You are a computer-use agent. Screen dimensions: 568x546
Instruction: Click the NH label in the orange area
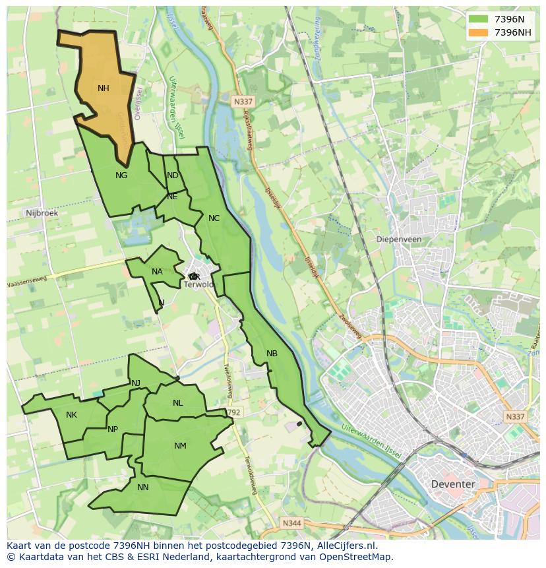104,88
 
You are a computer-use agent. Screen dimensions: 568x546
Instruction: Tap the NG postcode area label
121,175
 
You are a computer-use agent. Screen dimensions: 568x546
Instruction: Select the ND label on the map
173,175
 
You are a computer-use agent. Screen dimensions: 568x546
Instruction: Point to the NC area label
214,218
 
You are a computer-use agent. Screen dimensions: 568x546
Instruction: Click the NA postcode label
157,272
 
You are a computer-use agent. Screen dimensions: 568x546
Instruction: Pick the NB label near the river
272,354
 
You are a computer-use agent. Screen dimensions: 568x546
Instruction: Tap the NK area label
71,415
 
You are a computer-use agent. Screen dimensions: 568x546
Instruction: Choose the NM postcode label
180,446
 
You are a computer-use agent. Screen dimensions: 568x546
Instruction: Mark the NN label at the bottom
143,488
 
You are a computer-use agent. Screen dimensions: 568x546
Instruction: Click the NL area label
178,403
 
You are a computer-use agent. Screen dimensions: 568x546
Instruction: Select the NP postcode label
113,429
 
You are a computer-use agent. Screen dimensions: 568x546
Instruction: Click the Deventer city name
452,484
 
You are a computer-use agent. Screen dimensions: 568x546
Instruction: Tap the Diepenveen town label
398,239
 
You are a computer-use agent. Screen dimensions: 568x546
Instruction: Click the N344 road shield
291,523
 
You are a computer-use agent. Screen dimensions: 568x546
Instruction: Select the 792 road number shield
233,412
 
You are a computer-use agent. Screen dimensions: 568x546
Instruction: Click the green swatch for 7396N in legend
479,19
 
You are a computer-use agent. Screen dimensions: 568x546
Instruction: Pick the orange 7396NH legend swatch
479,32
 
